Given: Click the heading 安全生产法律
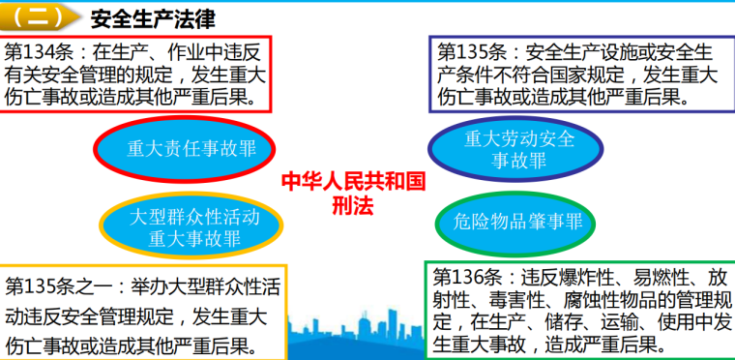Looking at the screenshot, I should [x=152, y=17].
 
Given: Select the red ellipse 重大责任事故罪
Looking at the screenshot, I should [x=184, y=148].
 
